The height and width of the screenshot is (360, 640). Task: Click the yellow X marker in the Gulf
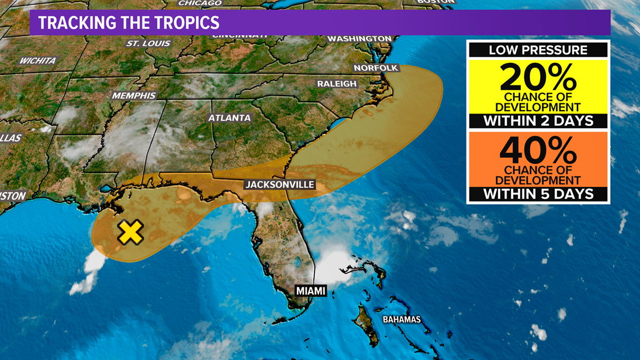pyautogui.click(x=130, y=231)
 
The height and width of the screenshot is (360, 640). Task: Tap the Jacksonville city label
pyautogui.click(x=280, y=184)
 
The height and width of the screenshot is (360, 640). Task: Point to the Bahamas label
pyautogui.click(x=401, y=320)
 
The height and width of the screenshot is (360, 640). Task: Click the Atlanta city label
pyautogui.click(x=230, y=118)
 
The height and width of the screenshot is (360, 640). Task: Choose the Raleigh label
pyautogui.click(x=337, y=84)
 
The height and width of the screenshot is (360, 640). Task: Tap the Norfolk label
pyautogui.click(x=376, y=68)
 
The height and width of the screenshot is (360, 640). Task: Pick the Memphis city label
pyautogui.click(x=134, y=95)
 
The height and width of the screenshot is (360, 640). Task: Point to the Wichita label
pyautogui.click(x=38, y=61)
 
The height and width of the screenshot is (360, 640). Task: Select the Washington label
pyautogui.click(x=359, y=39)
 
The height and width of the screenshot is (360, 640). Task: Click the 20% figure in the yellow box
pyautogui.click(x=538, y=78)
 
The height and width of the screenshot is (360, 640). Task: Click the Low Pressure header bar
pyautogui.click(x=538, y=49)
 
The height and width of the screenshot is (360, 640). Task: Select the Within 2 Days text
pyautogui.click(x=538, y=121)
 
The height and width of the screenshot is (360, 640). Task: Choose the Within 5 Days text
pyautogui.click(x=538, y=194)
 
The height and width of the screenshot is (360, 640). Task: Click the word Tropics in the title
pyautogui.click(x=184, y=23)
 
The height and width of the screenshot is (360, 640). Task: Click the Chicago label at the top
pyautogui.click(x=200, y=3)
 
